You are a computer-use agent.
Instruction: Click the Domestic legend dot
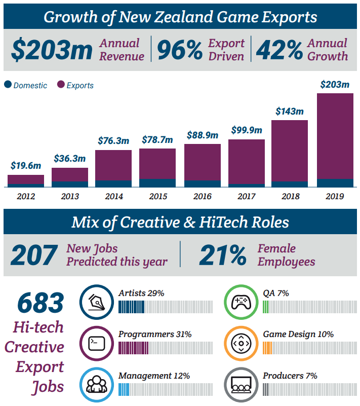coord(8,85)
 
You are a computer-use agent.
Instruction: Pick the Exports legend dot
coord(61,85)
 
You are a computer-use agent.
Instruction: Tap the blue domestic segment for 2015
coord(157,183)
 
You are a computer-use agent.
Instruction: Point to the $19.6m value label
coord(25,166)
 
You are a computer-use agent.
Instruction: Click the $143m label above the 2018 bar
coord(290,111)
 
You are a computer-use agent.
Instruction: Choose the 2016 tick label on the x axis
coord(202,196)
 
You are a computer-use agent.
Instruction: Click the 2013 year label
coord(69,196)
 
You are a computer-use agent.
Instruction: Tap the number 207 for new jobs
coord(34,254)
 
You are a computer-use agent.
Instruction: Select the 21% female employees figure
coord(222,254)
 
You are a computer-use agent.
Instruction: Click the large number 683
coord(41,303)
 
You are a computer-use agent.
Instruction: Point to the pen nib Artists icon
coord(96,302)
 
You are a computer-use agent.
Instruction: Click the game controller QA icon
coord(241,302)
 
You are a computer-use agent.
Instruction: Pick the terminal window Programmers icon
coord(96,343)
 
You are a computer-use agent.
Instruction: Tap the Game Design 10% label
coord(298,335)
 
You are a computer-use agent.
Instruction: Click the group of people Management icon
coord(96,384)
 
